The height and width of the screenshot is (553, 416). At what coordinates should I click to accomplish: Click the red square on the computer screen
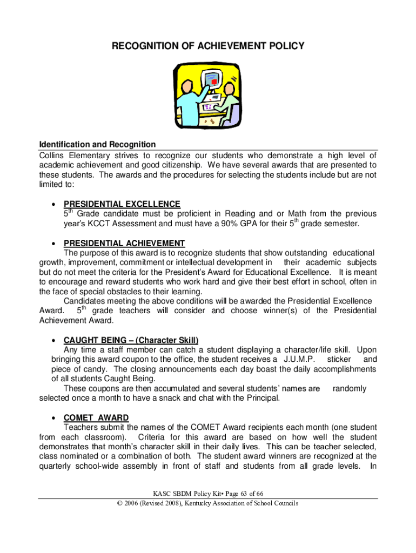coord(214,82)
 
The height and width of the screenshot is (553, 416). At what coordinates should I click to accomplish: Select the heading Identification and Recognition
coord(97,144)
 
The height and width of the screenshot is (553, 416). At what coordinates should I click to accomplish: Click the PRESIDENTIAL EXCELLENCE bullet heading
coord(122,204)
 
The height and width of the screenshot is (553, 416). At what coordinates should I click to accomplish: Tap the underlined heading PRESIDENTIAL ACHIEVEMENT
coord(124,243)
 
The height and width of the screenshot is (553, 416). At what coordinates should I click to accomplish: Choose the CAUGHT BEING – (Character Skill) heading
coord(131,340)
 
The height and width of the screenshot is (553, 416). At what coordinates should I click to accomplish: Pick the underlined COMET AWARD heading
coord(96,418)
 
